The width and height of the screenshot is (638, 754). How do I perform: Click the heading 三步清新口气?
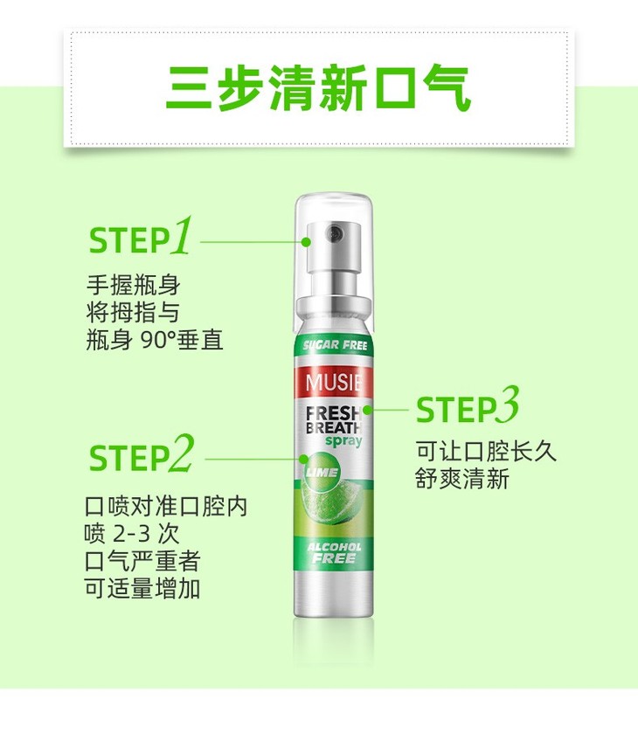pos(318,89)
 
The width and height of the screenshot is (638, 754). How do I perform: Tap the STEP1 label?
pos(141,236)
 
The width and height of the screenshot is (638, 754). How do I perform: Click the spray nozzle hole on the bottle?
pos(334,233)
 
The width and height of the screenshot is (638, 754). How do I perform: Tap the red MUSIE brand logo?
pos(334,383)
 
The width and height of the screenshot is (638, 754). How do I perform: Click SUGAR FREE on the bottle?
pos(335,345)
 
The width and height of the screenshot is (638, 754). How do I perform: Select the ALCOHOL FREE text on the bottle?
pos(334,553)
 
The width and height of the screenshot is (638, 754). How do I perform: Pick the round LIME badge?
pos(321,472)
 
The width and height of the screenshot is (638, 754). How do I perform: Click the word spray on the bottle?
pos(343,441)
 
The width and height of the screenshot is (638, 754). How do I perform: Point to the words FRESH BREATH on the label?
pos(334,419)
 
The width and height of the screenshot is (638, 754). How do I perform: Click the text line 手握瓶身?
pos(133,285)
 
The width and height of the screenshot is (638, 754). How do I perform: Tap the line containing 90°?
pos(155,341)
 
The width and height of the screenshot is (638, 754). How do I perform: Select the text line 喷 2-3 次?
pos(131,534)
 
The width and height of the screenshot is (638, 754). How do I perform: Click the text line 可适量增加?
pos(142,588)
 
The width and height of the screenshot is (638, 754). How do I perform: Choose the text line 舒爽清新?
pos(462,479)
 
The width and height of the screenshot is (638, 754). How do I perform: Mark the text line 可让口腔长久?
pos(486,451)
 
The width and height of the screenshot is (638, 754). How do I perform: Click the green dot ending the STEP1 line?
pos(306,242)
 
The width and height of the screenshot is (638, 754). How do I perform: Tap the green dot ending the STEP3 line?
pos(367,410)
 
